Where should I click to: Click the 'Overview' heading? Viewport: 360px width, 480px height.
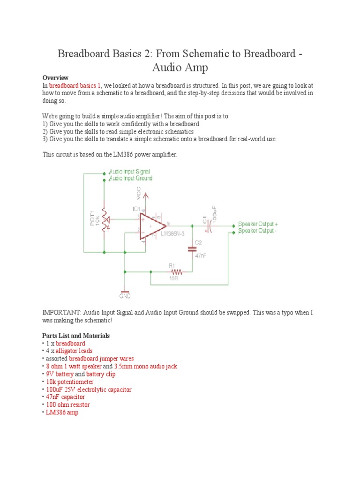(55, 77)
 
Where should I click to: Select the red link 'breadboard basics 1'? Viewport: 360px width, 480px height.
(75, 86)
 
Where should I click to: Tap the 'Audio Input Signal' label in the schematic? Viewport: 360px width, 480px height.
(129, 172)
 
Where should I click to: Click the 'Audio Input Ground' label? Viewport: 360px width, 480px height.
(130, 179)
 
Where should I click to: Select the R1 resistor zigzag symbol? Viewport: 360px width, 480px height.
(177, 271)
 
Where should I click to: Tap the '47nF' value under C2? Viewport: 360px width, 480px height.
(201, 256)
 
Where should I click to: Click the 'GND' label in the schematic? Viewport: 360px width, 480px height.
(125, 296)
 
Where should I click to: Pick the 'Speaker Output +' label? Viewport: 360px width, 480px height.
(258, 224)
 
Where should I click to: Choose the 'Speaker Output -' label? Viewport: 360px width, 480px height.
(258, 231)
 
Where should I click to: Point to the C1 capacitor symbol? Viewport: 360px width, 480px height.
(210, 226)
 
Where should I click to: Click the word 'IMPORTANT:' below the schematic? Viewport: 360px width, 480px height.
(61, 312)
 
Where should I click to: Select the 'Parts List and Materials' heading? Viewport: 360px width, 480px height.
(76, 336)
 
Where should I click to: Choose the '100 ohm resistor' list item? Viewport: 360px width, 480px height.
(67, 405)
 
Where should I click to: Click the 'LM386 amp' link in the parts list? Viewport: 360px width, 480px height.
(62, 412)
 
